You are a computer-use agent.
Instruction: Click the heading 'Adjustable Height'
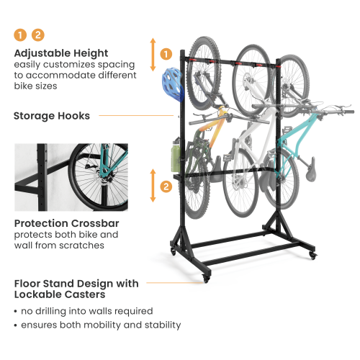pyautogui.click(x=60, y=53)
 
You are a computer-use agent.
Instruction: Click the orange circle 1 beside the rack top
pyautogui.click(x=166, y=53)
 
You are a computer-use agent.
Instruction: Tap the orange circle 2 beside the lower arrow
pyautogui.click(x=166, y=187)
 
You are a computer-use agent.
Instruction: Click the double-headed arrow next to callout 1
pyautogui.click(x=153, y=54)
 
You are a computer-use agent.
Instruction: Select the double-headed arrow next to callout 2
pyautogui.click(x=153, y=186)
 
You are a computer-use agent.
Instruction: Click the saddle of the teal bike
pyautogui.click(x=312, y=175)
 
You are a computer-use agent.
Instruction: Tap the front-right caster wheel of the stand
pyautogui.click(x=311, y=256)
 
